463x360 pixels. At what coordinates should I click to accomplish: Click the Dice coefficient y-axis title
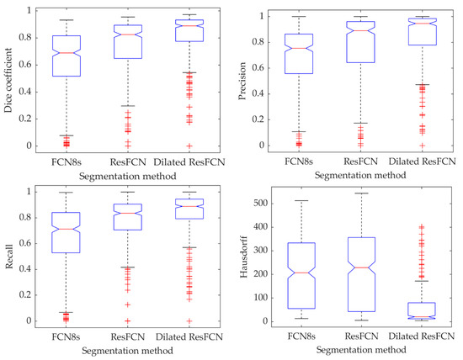(9, 81)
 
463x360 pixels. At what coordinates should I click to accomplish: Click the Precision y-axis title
(242, 81)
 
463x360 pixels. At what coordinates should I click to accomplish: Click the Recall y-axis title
(9, 256)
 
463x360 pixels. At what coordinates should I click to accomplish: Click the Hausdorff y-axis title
(242, 256)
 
